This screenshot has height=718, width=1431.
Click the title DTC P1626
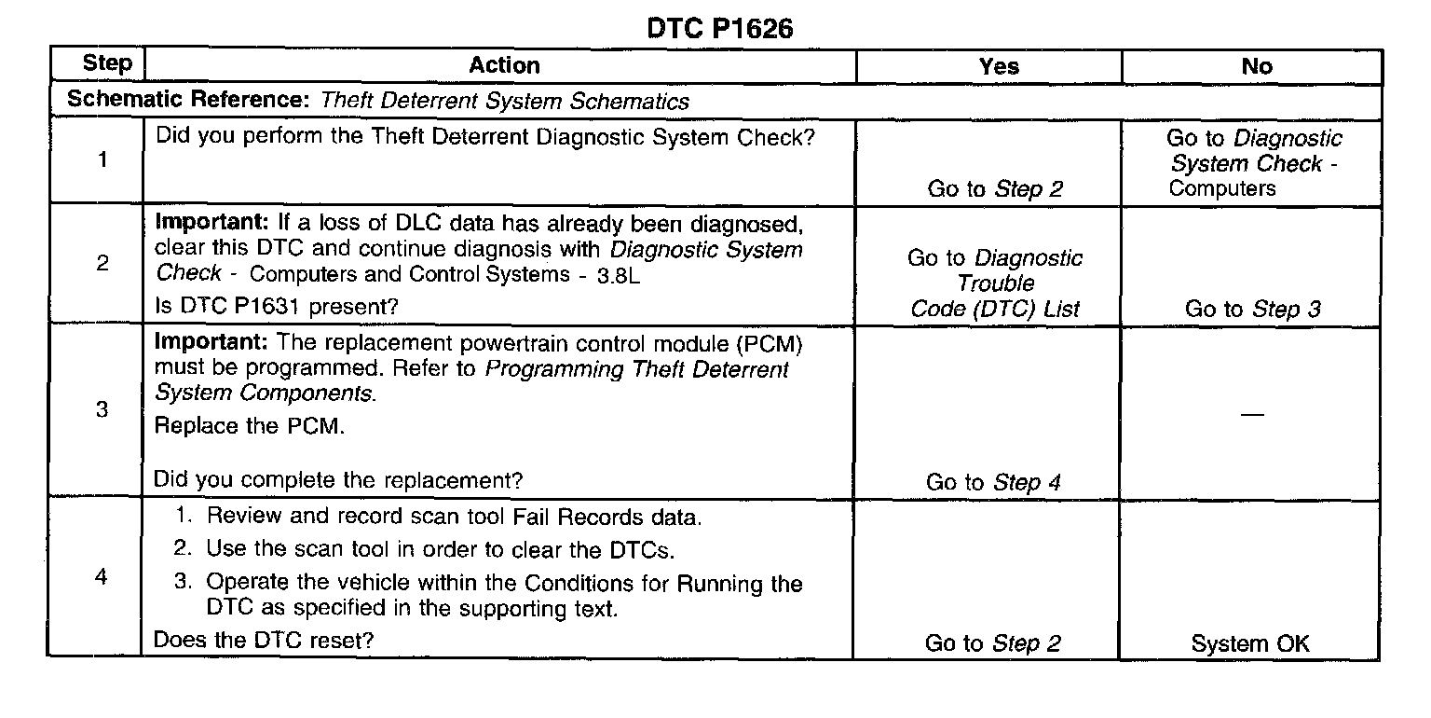tap(719, 29)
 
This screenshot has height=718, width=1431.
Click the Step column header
tap(107, 64)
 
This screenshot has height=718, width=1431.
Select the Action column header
tap(504, 65)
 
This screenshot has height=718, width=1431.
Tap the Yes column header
tap(999, 66)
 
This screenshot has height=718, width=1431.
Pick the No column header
tap(1257, 66)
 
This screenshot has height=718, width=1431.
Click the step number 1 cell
tap(102, 160)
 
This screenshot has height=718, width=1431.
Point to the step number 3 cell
tap(102, 410)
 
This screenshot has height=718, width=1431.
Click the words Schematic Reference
tap(190, 102)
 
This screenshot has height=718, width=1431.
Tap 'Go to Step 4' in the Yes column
tap(993, 482)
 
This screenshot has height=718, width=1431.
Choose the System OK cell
tap(1250, 643)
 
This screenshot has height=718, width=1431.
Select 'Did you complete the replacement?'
tap(337, 480)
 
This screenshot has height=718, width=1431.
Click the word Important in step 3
tap(211, 344)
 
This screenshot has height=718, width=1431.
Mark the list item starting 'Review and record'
tap(454, 518)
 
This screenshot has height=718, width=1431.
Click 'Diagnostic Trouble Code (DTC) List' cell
tap(995, 283)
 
